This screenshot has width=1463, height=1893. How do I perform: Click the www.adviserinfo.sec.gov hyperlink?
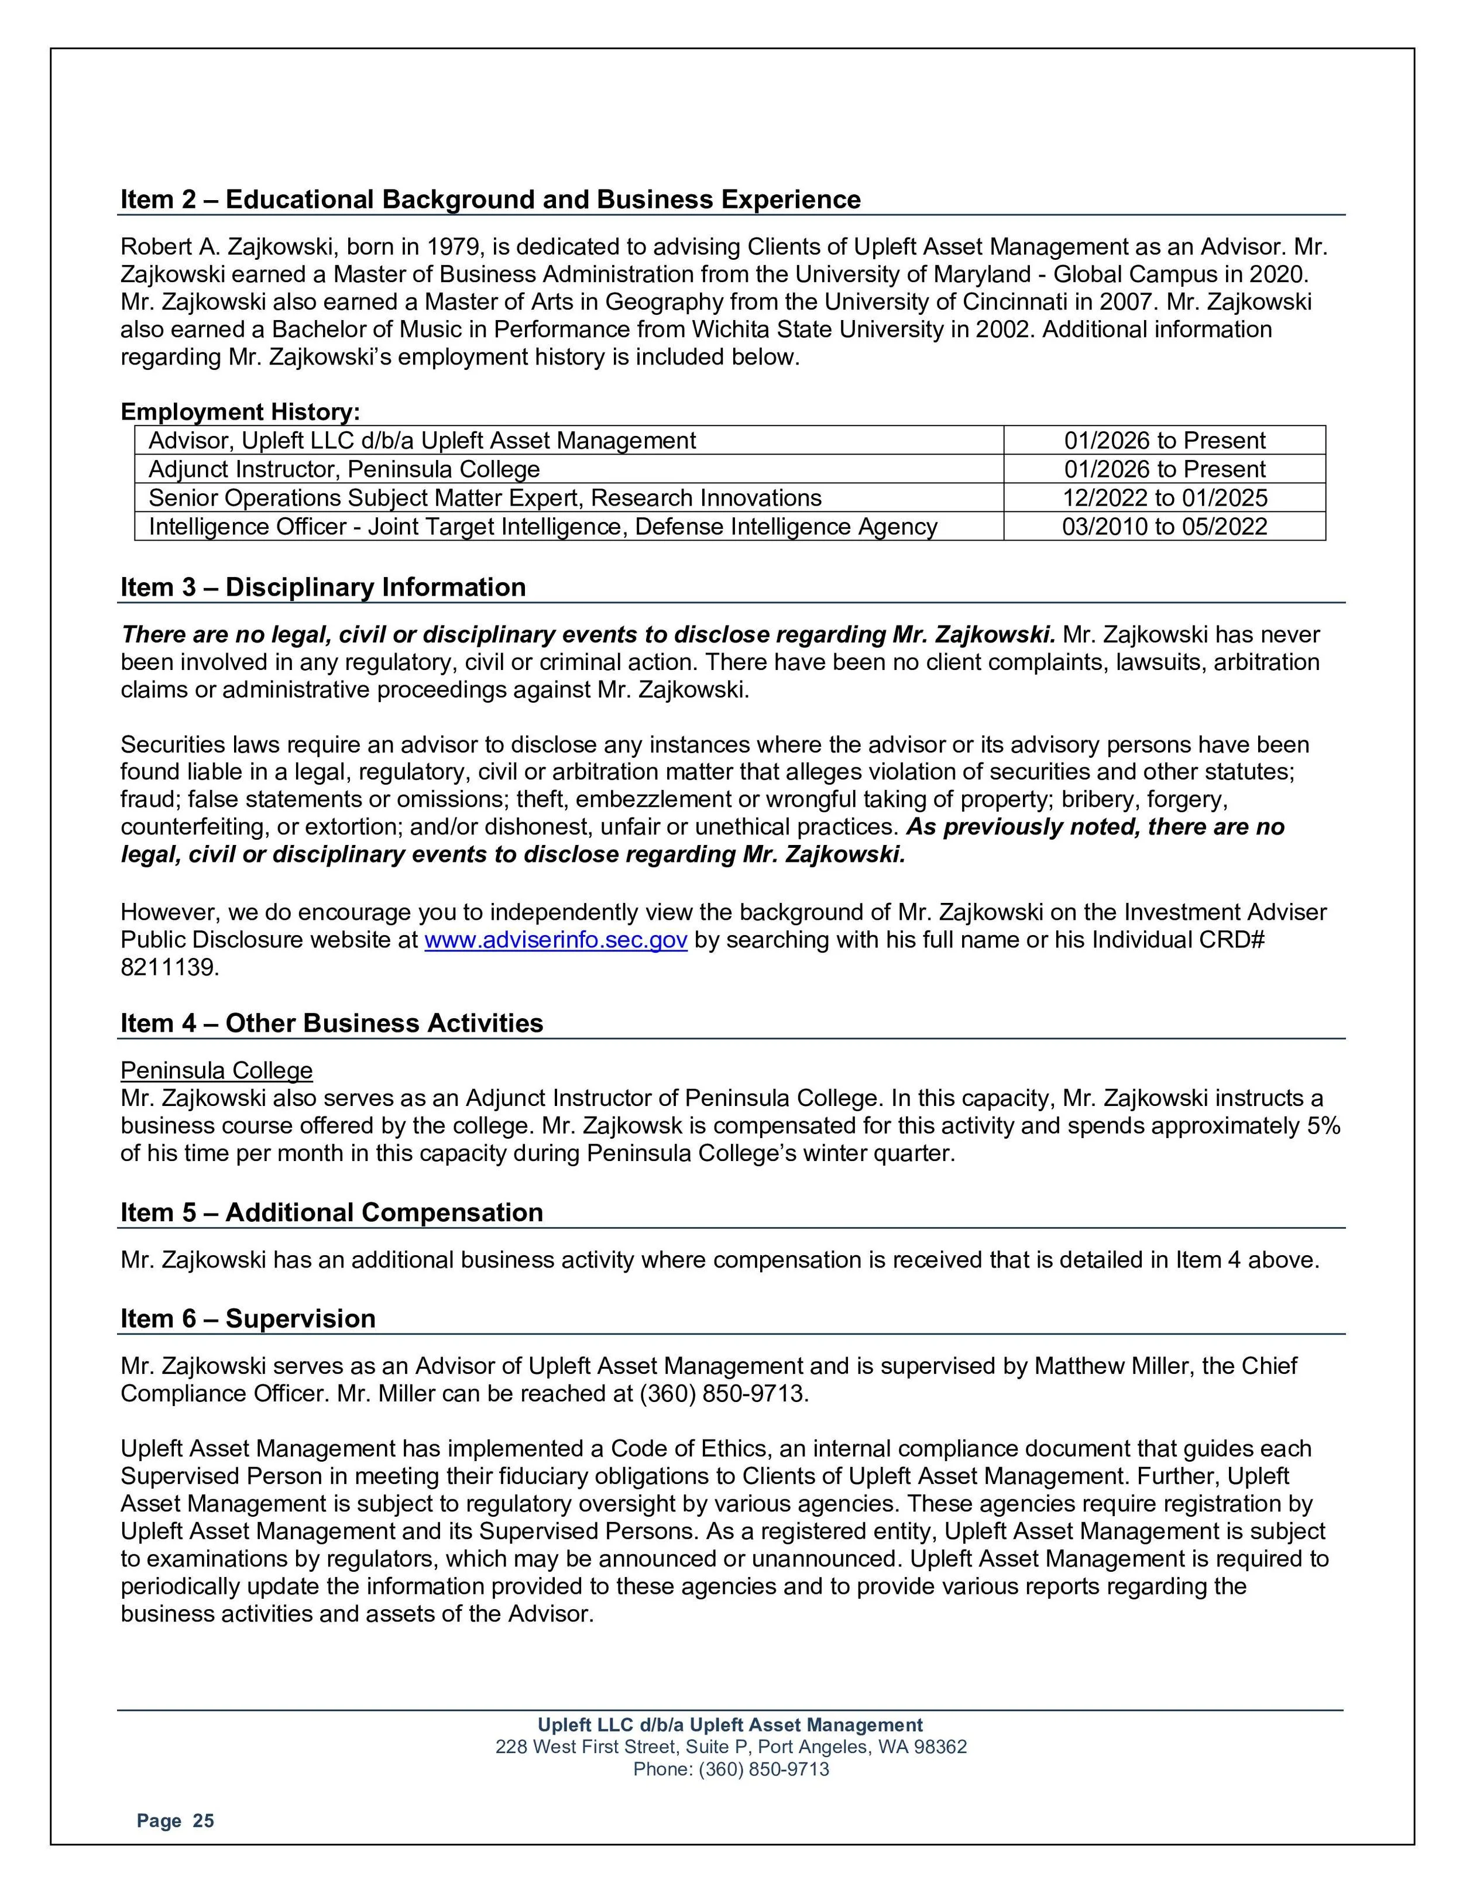[555, 940]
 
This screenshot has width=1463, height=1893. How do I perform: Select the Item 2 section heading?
[490, 200]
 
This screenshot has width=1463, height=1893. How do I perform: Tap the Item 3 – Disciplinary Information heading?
[322, 587]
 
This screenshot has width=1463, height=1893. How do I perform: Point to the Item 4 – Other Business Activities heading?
[331, 1023]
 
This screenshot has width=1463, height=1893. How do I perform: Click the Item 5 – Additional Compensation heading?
[331, 1212]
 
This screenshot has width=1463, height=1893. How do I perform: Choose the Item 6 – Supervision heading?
[248, 1318]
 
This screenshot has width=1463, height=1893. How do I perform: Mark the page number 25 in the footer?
[203, 1821]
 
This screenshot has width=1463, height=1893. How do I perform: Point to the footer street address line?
[731, 1747]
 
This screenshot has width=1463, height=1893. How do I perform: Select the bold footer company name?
[731, 1725]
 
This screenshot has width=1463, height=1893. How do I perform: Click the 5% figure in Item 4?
[1324, 1126]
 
